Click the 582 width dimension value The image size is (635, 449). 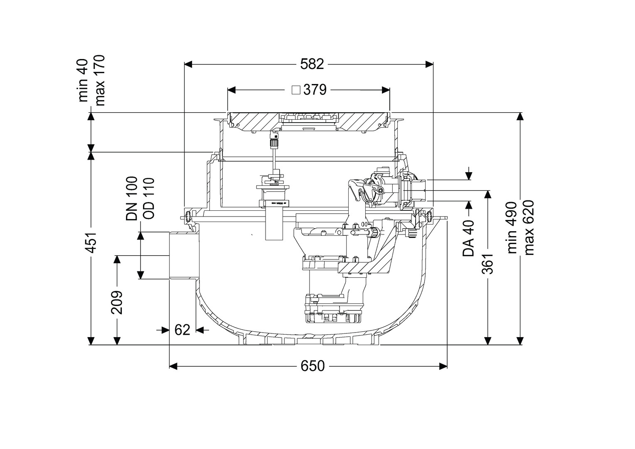(x=312, y=64)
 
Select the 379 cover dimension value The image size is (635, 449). (x=315, y=90)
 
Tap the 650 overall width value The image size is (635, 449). (x=312, y=366)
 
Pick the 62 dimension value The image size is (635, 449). (x=182, y=330)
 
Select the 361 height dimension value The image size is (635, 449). (x=488, y=264)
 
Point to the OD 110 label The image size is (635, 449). (x=148, y=199)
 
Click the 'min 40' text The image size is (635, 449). (x=83, y=81)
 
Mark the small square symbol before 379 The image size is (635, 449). (x=295, y=90)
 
